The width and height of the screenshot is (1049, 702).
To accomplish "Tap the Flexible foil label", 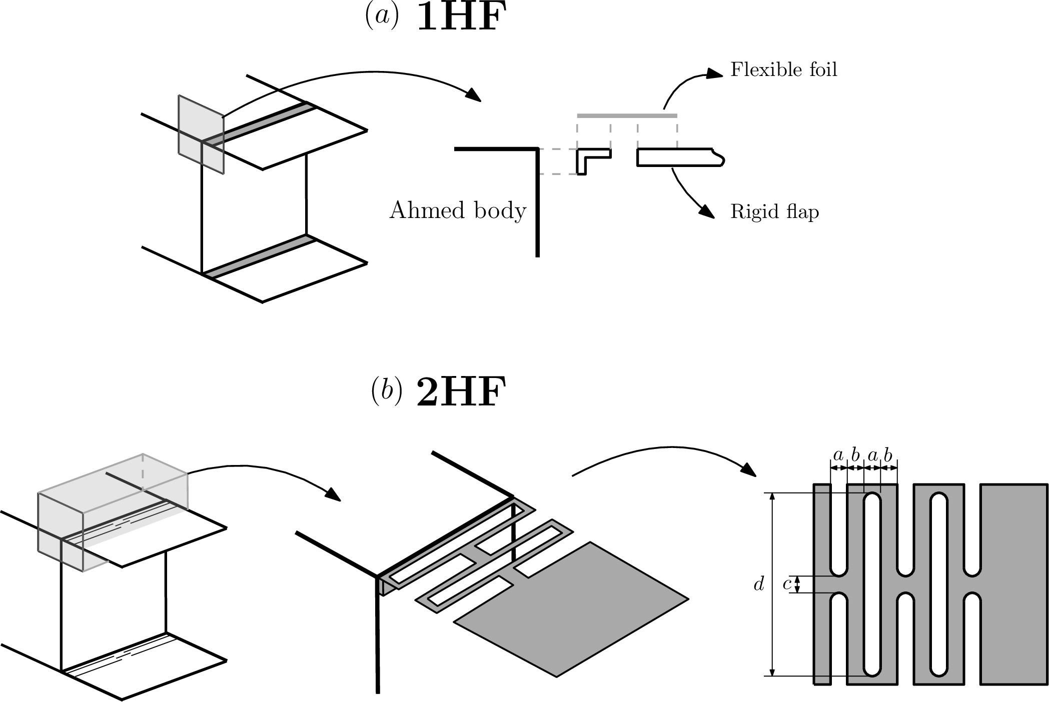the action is (783, 69).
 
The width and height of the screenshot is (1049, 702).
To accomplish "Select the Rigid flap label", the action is (774, 211).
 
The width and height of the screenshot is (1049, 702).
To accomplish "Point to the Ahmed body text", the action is (458, 210).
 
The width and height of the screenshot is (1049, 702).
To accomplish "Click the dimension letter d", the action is (759, 583).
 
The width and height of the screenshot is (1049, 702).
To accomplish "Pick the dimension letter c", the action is (787, 584).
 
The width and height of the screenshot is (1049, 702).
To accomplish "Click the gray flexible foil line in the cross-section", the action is (627, 115).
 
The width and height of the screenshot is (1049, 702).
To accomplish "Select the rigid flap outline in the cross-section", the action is (680, 157).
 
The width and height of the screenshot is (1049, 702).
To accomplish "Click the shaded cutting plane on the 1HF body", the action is (201, 134).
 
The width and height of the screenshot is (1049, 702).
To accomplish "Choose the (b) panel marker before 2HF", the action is (386, 392).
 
